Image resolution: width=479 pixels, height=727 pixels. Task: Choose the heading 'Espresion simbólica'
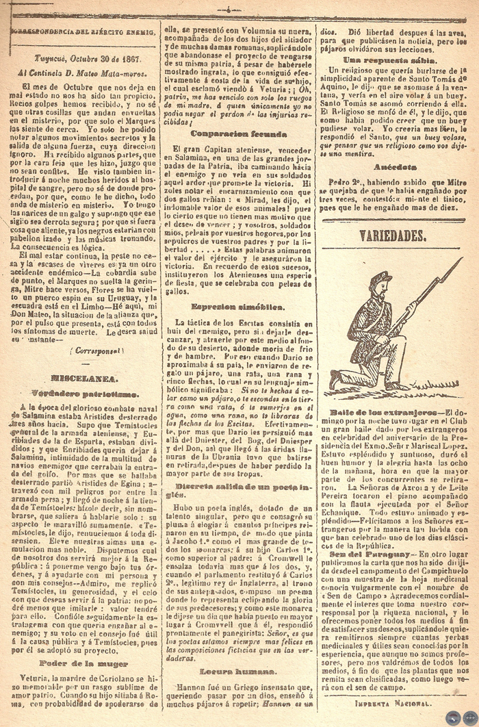237,307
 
